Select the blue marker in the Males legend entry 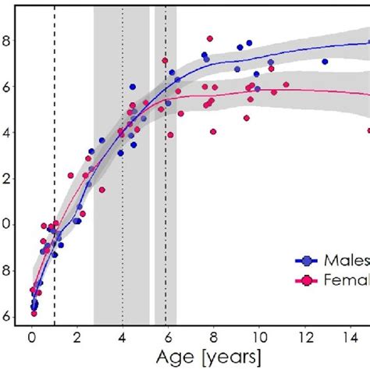[305, 261]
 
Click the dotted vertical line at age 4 [122, 195]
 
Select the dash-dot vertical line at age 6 [166, 195]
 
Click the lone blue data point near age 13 [325, 61]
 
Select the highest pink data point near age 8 [210, 38]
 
